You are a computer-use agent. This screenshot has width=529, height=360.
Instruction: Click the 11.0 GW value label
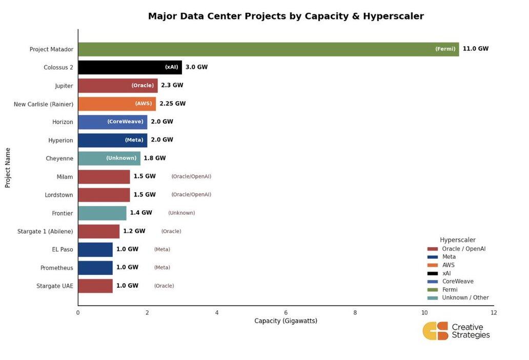click(x=475, y=49)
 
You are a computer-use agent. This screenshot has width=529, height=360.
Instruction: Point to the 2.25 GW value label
click(x=172, y=104)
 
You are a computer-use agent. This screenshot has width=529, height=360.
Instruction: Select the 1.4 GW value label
click(x=141, y=213)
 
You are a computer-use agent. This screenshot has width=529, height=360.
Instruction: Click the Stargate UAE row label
click(x=55, y=286)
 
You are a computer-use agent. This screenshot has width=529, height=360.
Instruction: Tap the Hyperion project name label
click(x=60, y=141)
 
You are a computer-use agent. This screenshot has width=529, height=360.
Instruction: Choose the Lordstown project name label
click(x=58, y=195)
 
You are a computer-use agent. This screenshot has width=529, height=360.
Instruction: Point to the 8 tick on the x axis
click(x=355, y=312)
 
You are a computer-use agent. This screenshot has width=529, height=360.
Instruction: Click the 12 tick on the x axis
click(x=493, y=312)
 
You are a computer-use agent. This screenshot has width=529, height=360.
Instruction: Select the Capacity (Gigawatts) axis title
click(x=286, y=321)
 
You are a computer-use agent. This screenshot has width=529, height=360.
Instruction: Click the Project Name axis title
click(x=8, y=168)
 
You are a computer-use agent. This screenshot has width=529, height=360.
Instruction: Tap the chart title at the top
click(x=286, y=16)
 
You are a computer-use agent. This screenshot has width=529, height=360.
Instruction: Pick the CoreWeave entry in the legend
click(x=457, y=282)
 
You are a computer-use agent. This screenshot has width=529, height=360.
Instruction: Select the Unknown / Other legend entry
click(x=465, y=298)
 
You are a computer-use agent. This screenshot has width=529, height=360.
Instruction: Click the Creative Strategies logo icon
click(x=435, y=331)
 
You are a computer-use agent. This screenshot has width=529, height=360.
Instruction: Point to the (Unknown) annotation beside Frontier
click(x=181, y=213)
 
